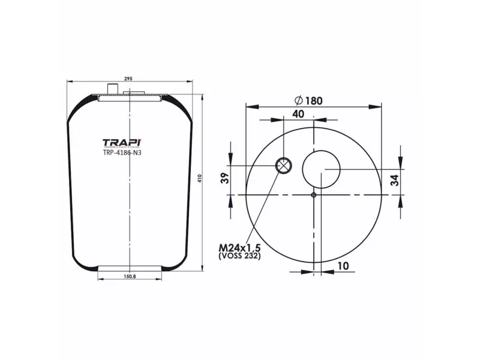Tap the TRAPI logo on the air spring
pyautogui.click(x=122, y=143)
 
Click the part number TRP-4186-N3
pyautogui.click(x=122, y=152)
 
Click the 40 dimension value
pyautogui.click(x=298, y=114)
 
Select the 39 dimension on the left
pyautogui.click(x=225, y=179)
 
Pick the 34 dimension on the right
pyautogui.click(x=394, y=181)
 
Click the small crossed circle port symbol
pyautogui.click(x=283, y=166)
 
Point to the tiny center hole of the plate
pyautogui.click(x=313, y=194)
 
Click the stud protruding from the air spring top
pyautogui.click(x=113, y=89)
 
